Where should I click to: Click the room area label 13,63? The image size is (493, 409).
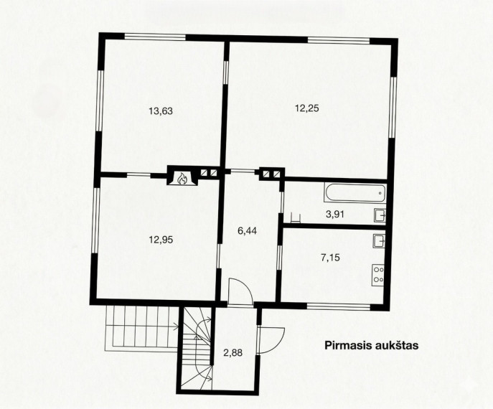tap(161, 111)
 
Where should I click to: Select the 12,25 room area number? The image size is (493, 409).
tap(307, 108)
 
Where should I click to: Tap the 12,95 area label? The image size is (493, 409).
tap(161, 240)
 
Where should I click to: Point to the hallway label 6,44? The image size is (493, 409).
tap(247, 231)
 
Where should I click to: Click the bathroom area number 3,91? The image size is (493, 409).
tap(335, 215)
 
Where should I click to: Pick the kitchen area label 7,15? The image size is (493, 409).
tap(330, 258)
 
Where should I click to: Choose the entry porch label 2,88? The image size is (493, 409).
tap(233, 353)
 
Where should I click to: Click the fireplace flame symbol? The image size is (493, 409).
tap(182, 179)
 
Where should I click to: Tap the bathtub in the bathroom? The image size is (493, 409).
tap(355, 193)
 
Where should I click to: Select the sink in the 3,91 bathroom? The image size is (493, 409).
tap(380, 216)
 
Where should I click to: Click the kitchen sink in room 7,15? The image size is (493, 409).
tap(379, 241)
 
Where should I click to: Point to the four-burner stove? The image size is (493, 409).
tap(378, 275)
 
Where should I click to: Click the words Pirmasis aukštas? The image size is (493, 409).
tap(372, 345)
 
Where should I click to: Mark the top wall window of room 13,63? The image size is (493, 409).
tap(155, 37)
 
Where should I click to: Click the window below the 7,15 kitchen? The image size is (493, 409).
tap(339, 306)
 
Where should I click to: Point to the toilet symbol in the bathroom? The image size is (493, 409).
tap(295, 217)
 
